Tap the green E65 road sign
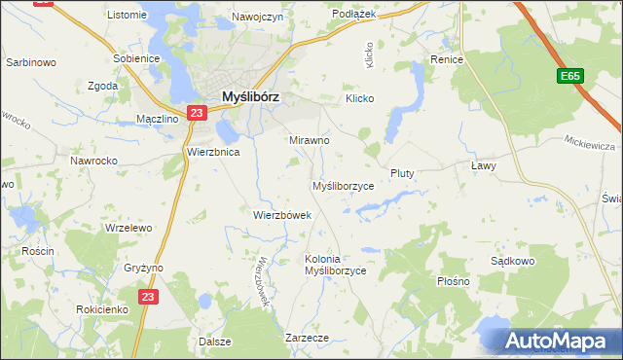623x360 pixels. click(570, 75)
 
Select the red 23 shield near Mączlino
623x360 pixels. click(197, 114)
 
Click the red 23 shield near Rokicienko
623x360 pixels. click(146, 297)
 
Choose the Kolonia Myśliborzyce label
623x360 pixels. click(335, 265)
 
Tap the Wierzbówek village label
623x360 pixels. click(281, 215)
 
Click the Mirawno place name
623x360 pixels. click(310, 140)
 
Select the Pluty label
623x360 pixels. click(402, 173)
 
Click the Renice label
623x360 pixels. click(446, 59)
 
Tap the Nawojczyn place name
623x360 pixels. click(257, 17)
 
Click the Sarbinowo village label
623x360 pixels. click(28, 61)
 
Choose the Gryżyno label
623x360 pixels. click(144, 268)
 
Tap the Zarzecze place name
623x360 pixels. click(307, 337)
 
